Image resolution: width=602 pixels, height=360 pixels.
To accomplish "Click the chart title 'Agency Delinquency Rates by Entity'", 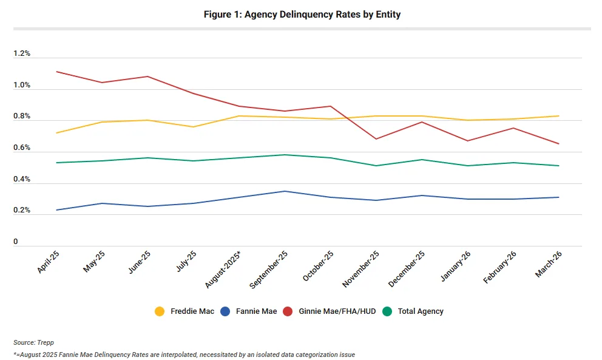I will (x=302, y=15).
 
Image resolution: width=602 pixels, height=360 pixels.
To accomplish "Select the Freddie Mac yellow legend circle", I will (x=160, y=311).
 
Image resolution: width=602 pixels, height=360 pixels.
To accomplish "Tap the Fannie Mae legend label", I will (x=257, y=311).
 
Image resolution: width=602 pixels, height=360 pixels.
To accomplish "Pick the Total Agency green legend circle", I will (x=387, y=311).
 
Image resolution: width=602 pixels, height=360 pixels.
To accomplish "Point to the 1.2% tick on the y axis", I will (x=22, y=53).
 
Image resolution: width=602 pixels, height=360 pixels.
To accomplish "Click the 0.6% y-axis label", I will (x=22, y=148).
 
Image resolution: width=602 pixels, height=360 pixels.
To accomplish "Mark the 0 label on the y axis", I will (x=16, y=242).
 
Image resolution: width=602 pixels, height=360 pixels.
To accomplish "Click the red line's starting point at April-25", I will (x=56, y=72).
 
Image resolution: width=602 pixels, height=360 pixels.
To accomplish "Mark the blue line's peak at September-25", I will (x=285, y=191).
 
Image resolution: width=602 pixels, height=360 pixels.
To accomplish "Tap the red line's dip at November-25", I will (x=376, y=139).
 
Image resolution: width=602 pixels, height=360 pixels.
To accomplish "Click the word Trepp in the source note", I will (x=46, y=343).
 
